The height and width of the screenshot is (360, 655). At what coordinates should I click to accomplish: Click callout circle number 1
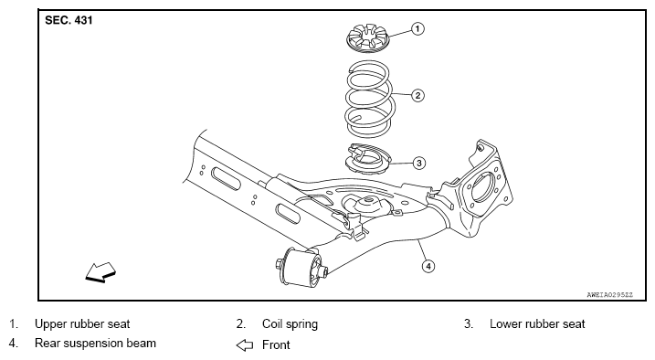[x=417, y=29]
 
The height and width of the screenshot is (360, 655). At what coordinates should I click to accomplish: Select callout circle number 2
[x=417, y=95]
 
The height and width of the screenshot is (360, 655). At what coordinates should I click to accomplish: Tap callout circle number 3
[x=419, y=163]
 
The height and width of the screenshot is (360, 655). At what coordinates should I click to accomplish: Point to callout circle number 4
[x=428, y=266]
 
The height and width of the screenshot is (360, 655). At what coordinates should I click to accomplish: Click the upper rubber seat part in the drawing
[x=368, y=38]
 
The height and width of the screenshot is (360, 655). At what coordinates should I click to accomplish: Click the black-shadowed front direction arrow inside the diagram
[x=100, y=272]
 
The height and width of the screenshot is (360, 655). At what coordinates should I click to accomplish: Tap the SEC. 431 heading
[x=69, y=20]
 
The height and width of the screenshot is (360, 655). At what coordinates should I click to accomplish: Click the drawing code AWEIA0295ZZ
[x=610, y=295]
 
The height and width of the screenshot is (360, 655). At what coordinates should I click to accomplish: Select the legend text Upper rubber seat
[x=82, y=323]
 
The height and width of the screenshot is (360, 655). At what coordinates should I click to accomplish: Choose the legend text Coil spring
[x=290, y=324]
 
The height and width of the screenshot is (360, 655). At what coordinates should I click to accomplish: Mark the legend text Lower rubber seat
[x=537, y=323]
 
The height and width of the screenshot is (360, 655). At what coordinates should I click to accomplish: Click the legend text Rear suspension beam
[x=95, y=344]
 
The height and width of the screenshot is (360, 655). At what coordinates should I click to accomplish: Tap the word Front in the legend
[x=276, y=345]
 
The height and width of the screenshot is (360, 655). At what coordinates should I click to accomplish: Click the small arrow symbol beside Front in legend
[x=245, y=345]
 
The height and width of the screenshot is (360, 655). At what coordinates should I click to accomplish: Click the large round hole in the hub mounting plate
[x=481, y=189]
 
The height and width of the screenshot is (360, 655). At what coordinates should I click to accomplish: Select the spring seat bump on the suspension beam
[x=367, y=205]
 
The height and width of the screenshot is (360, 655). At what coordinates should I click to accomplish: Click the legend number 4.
[x=14, y=344]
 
